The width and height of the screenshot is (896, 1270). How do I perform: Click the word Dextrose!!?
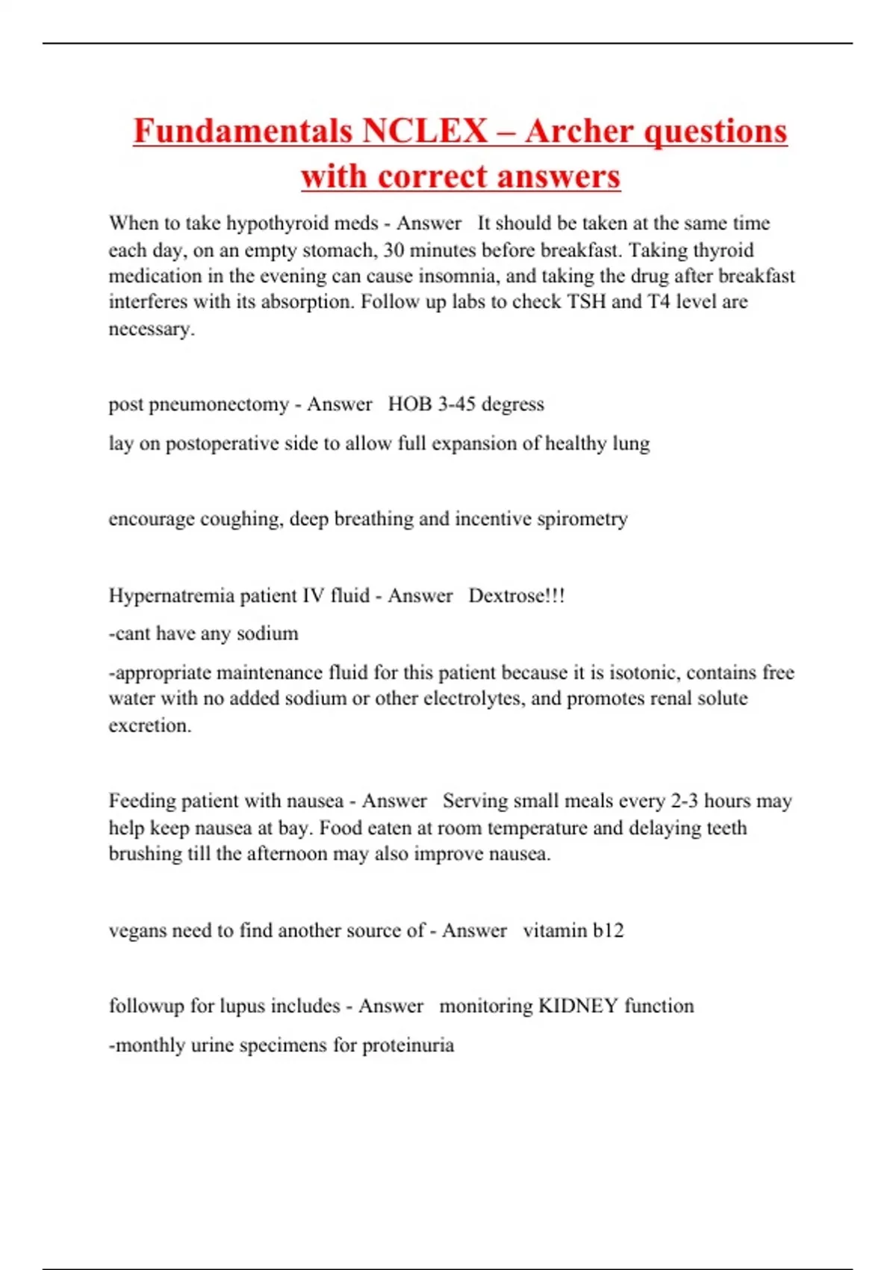click(x=516, y=596)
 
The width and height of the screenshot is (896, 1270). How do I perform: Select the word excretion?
click(x=149, y=725)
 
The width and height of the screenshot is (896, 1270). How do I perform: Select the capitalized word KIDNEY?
click(x=578, y=1006)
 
